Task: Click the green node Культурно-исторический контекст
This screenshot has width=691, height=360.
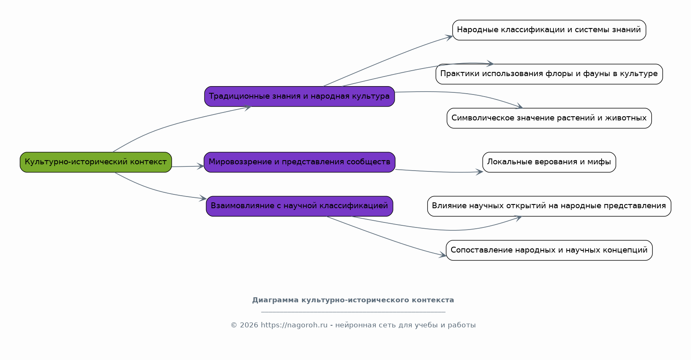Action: (96, 162)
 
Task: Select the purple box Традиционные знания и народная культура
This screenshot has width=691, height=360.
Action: (300, 96)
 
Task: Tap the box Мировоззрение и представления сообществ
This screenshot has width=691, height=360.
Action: (300, 162)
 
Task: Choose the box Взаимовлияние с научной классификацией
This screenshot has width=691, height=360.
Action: (300, 206)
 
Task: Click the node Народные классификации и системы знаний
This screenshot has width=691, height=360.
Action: (549, 30)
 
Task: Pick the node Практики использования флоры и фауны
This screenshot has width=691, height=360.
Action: (549, 74)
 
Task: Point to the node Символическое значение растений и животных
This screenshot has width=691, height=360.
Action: (549, 118)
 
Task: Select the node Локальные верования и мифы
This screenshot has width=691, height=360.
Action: (549, 162)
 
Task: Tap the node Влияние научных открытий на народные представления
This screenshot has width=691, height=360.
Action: (549, 206)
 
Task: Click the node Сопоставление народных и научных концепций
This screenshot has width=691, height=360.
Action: (549, 250)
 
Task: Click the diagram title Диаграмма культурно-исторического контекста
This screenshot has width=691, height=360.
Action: (353, 300)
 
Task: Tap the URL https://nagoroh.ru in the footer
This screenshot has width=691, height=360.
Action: (294, 325)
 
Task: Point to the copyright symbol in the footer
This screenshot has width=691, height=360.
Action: (234, 325)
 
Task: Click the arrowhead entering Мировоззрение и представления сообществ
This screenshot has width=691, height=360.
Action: (201, 166)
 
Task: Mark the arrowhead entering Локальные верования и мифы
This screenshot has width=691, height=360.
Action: (479, 172)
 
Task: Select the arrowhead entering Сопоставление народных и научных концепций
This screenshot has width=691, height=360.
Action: (443, 255)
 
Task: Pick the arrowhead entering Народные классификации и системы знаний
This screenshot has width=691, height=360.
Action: (449, 37)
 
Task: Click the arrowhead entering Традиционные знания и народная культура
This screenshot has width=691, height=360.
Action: (248, 107)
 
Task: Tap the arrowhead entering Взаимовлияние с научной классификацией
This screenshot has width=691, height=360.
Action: (203, 198)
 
